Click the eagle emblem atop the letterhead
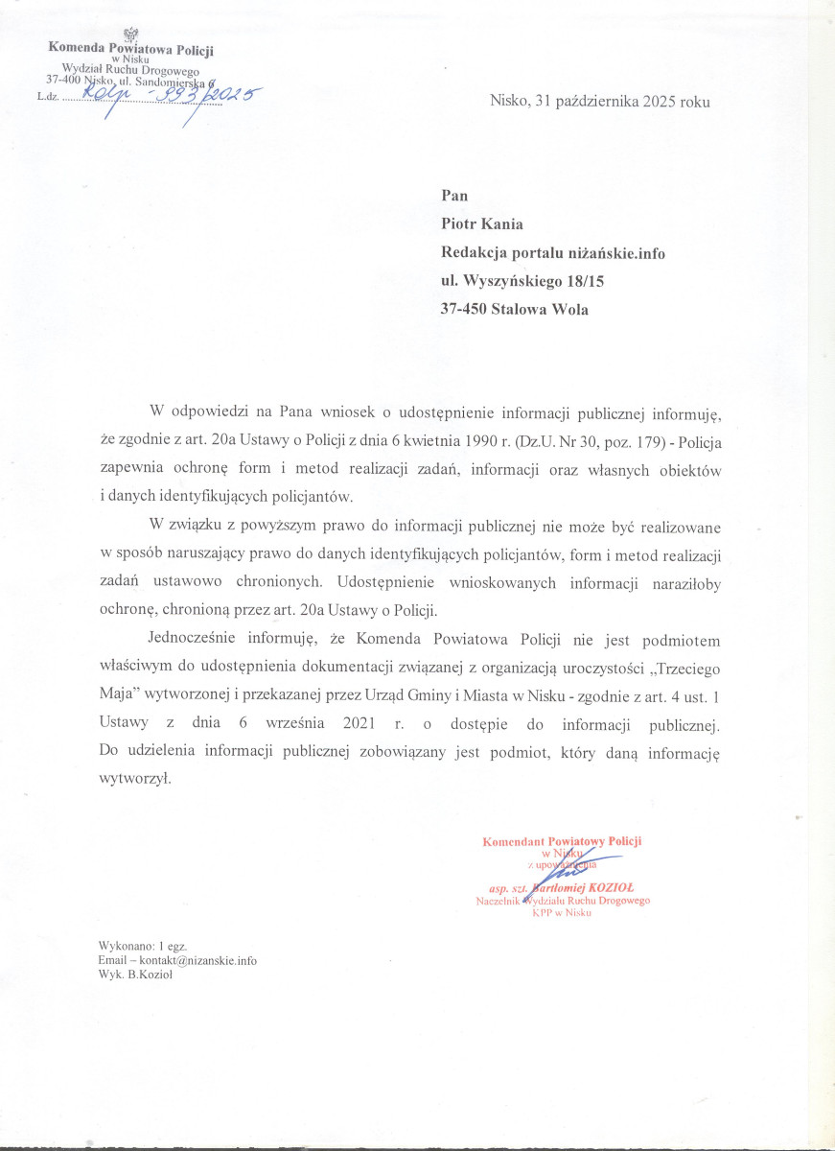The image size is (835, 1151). point(132,35)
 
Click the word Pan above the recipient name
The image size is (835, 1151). point(454,196)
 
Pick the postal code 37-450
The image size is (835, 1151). point(464,309)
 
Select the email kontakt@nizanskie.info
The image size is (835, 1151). point(199,960)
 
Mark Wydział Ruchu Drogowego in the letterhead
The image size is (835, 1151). point(129,69)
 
